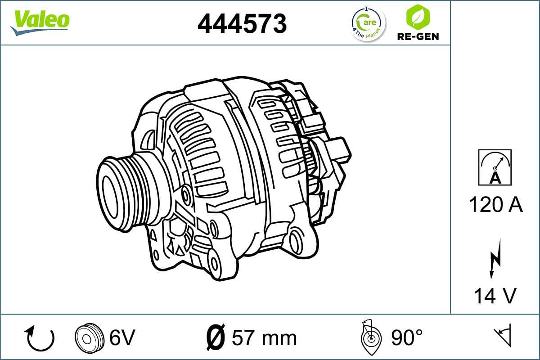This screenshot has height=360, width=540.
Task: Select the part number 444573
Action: [x=242, y=23]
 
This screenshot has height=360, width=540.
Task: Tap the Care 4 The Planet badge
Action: [x=368, y=23]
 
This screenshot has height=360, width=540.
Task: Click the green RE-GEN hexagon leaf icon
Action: [x=417, y=17]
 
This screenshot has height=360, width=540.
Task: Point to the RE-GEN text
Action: [x=418, y=36]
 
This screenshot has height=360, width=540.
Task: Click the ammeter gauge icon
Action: [x=495, y=167]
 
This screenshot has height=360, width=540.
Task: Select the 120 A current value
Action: [x=495, y=205]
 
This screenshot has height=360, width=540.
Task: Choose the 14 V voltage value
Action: [x=495, y=296]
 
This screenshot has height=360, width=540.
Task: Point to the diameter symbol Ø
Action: [x=215, y=337]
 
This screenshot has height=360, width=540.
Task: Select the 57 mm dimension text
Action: [x=264, y=338]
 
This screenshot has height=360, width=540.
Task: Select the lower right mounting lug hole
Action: [x=297, y=242]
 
